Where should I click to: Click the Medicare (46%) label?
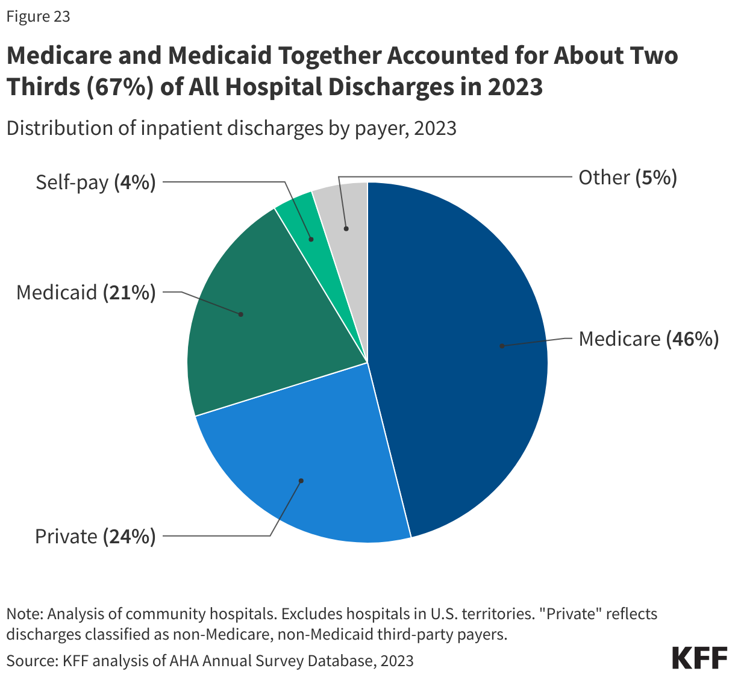click(x=648, y=339)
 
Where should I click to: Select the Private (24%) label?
click(x=95, y=536)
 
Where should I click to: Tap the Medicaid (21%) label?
click(x=86, y=293)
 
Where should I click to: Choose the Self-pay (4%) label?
click(x=95, y=182)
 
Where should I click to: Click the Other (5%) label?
click(x=628, y=178)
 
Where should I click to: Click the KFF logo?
click(x=699, y=658)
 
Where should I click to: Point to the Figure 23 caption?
click(x=39, y=17)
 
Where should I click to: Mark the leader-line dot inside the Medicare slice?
click(x=501, y=346)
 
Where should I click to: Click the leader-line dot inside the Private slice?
click(x=301, y=481)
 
